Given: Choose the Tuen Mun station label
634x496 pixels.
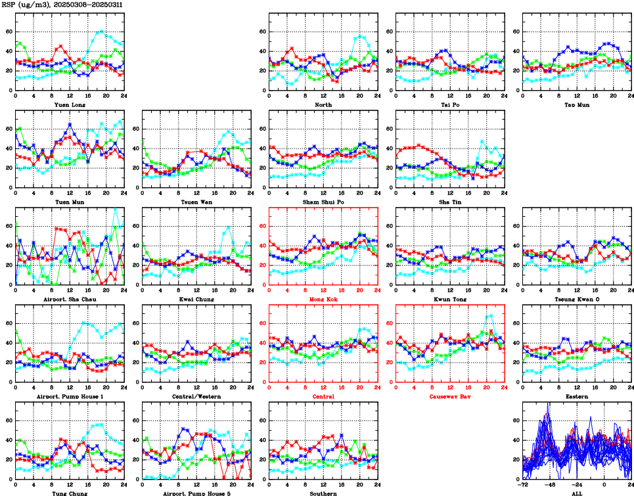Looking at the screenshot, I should (x=70, y=202).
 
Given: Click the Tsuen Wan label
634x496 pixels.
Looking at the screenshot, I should (x=196, y=202).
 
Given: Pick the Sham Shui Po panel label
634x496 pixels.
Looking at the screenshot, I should (x=323, y=202).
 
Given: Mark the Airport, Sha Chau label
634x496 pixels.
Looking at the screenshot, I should (x=70, y=299).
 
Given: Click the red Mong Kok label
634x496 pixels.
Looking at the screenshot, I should (x=323, y=299).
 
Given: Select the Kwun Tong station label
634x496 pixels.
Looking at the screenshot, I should (x=450, y=299).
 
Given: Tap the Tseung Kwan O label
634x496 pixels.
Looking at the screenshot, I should (x=577, y=299).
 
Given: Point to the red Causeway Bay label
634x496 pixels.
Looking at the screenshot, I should (x=450, y=396).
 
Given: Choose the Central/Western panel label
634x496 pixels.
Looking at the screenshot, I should (x=196, y=396).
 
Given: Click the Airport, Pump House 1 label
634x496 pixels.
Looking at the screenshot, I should (x=70, y=396).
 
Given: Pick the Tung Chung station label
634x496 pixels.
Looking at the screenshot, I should (x=70, y=493).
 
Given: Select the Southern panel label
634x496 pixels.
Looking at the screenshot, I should (x=323, y=493).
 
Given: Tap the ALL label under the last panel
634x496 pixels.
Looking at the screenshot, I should (x=577, y=493).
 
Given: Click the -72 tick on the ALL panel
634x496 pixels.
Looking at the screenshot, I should (x=524, y=484).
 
